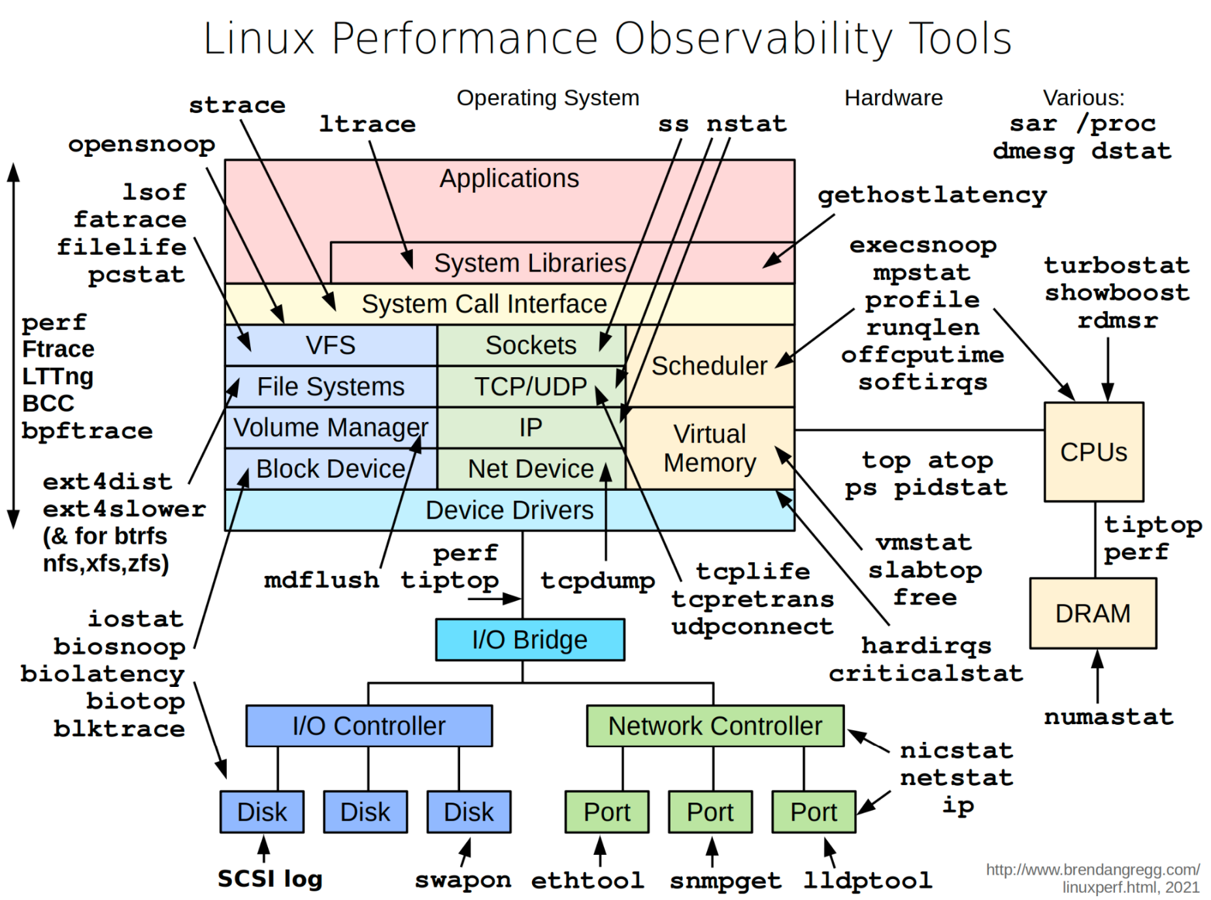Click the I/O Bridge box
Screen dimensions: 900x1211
tap(529, 639)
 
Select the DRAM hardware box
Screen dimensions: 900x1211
tap(1092, 613)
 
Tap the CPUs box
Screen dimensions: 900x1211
tap(1093, 452)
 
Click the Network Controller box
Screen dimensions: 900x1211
tap(714, 725)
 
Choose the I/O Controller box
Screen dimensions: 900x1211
tap(369, 725)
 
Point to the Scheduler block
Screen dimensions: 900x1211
tap(710, 366)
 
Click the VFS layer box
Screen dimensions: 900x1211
tap(331, 345)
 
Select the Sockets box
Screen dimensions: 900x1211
tap(531, 345)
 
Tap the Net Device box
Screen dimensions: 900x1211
tap(531, 469)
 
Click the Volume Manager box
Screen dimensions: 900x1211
tap(331, 427)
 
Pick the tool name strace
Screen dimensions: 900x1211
tap(237, 105)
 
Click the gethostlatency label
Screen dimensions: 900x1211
tap(932, 195)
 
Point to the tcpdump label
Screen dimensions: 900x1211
tap(597, 580)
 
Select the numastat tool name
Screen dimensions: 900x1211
tap(1108, 716)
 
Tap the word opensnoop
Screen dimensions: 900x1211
tap(142, 144)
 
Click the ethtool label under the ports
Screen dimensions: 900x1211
tap(587, 880)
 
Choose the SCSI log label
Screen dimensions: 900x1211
tap(270, 879)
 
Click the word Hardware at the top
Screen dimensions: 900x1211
tap(893, 98)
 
